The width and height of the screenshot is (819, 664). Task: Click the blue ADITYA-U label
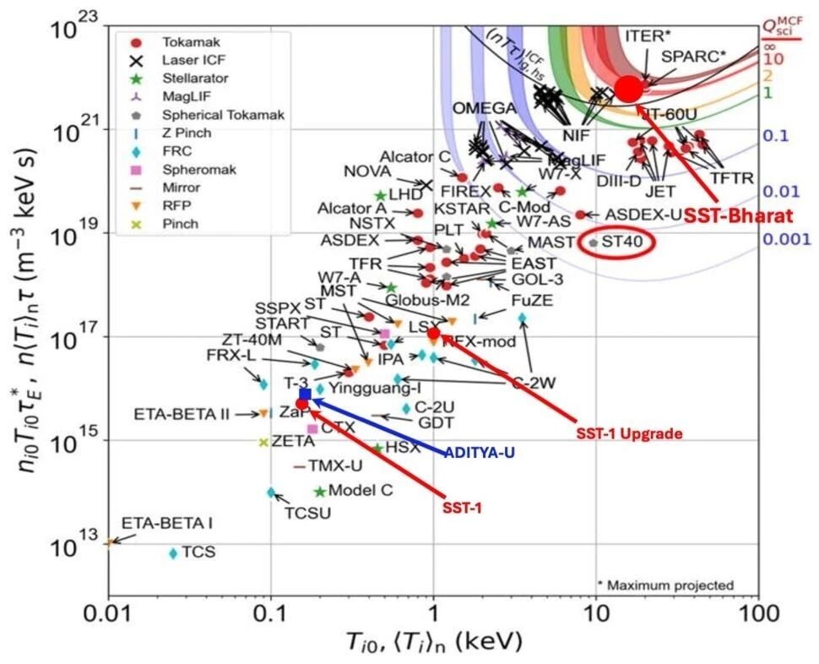tap(480, 452)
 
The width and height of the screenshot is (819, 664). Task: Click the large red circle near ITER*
tap(628, 89)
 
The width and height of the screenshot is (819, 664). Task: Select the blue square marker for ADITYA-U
tap(305, 394)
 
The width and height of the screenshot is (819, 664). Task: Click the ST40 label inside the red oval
tap(622, 242)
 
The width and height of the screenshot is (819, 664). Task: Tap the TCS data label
tap(198, 552)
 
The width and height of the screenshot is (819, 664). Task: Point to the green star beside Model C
tap(320, 492)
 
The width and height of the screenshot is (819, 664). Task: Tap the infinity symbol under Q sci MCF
tap(770, 47)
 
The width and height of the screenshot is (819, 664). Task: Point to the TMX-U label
tap(335, 465)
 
